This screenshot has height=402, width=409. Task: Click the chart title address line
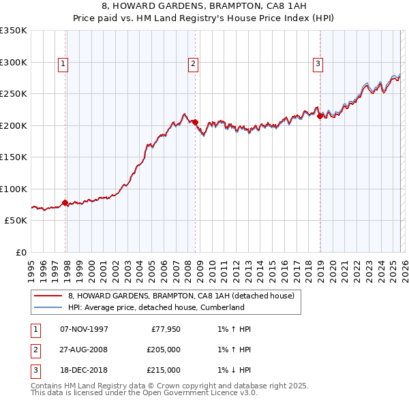click(x=204, y=6)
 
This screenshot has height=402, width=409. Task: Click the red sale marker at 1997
click(x=65, y=202)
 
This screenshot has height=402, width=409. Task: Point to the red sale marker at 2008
click(x=195, y=122)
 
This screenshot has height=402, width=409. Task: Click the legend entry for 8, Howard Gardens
click(x=181, y=296)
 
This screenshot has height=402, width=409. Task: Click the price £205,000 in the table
click(x=164, y=350)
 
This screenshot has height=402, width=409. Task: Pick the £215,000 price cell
click(x=164, y=370)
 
